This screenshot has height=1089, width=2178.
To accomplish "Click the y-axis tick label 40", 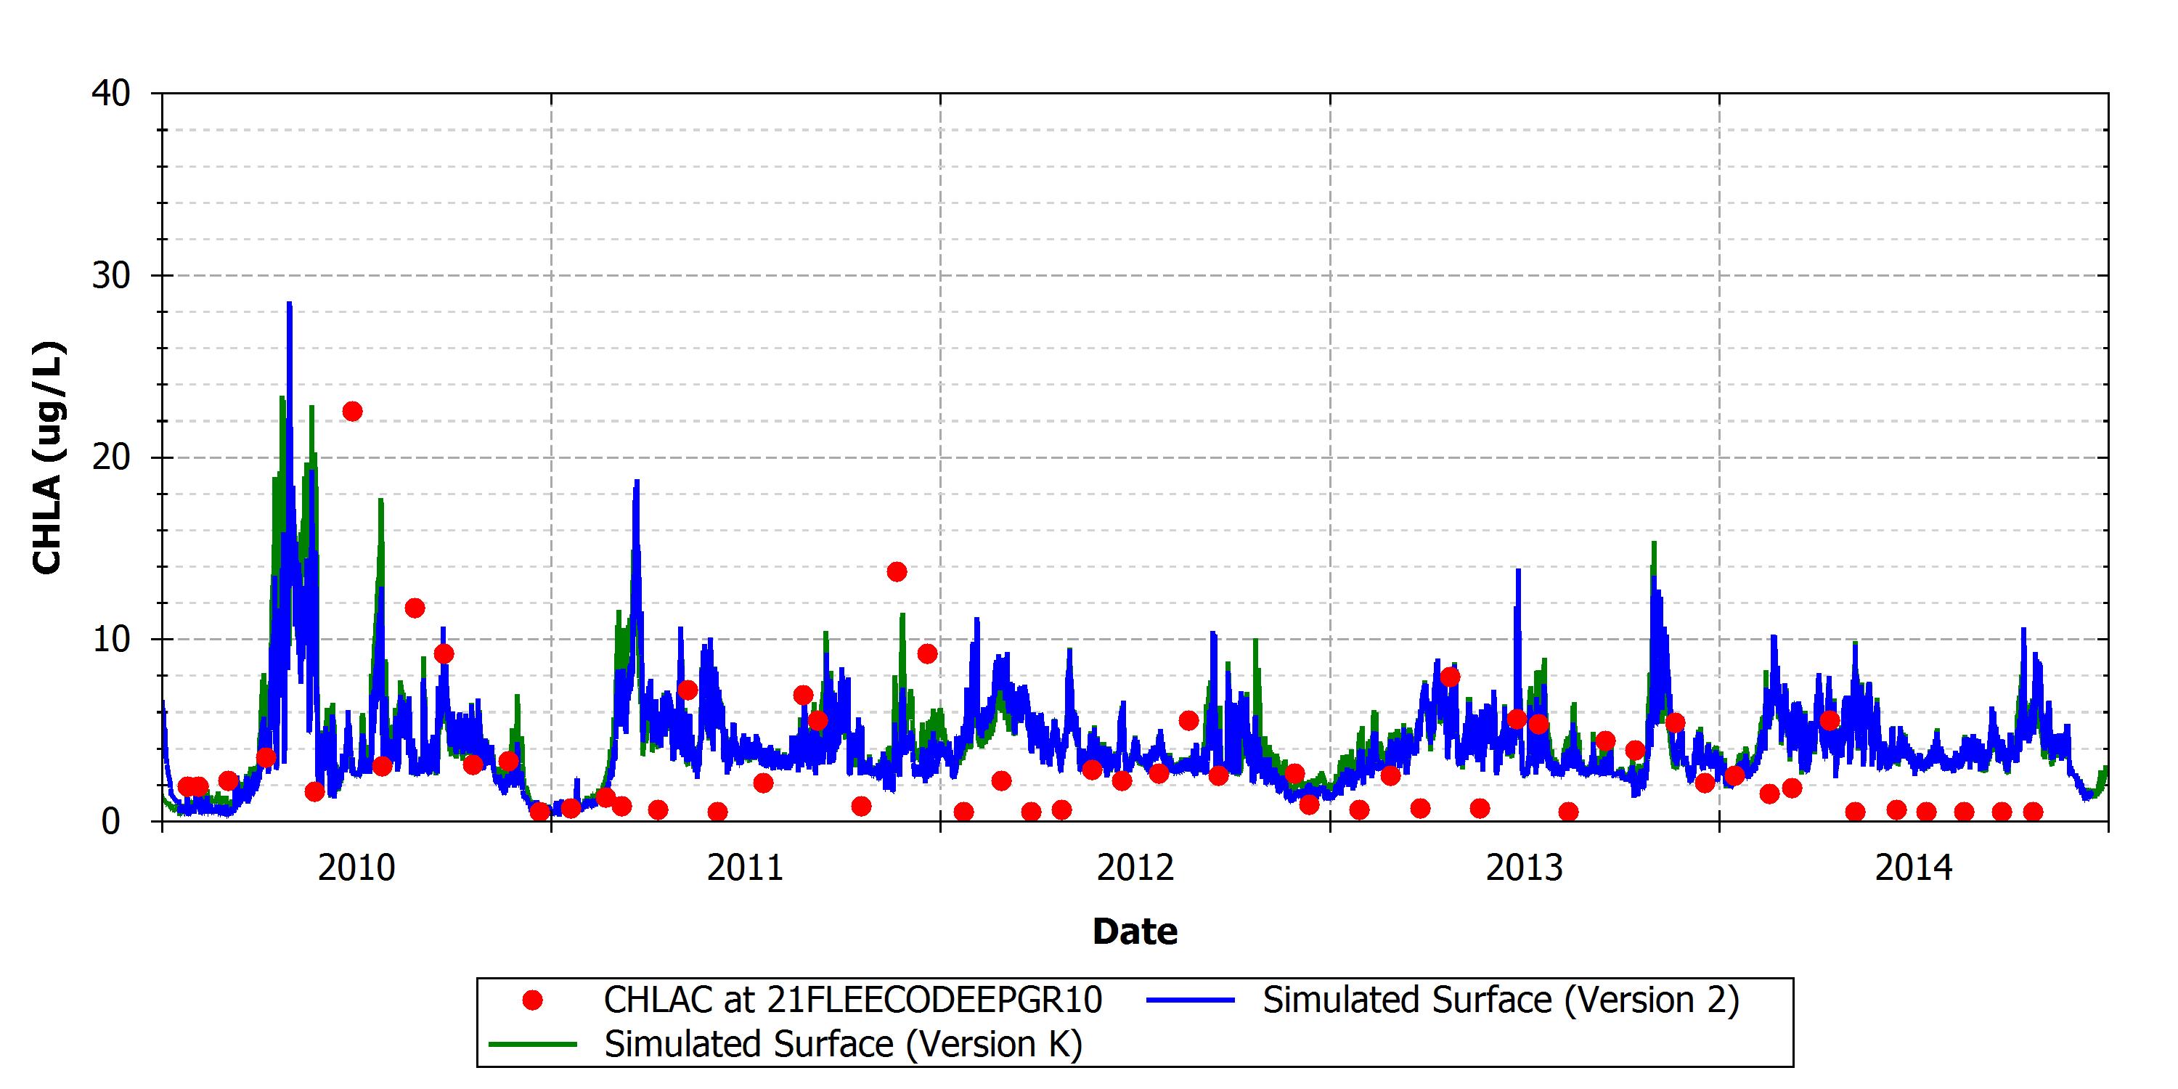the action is tap(112, 93).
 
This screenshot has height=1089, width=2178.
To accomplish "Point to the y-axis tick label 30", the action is tap(112, 276).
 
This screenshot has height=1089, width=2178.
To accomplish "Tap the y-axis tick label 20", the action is tap(112, 457).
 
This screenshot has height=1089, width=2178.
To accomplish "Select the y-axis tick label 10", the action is tap(112, 639).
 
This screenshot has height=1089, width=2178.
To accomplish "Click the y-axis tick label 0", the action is tap(111, 821).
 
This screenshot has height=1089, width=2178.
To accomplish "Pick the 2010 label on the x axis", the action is tap(356, 868).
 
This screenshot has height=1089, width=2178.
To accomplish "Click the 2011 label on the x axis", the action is tap(746, 868).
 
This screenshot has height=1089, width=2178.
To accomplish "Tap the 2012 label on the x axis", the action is tap(1135, 868).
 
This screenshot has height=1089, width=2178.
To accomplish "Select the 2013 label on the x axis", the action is tap(1525, 868).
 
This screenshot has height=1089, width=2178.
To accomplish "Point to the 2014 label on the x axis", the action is tap(1914, 868).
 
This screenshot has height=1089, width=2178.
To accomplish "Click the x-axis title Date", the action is tap(1135, 931).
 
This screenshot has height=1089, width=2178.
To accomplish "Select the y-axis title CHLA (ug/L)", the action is tap(47, 457).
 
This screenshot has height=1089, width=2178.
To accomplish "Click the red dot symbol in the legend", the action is tap(533, 1001).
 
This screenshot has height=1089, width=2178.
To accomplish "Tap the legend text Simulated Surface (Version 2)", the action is tap(1501, 1000).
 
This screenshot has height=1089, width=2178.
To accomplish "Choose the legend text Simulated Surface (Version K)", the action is tap(844, 1044).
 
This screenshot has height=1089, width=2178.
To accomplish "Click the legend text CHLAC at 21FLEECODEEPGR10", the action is tap(853, 1000).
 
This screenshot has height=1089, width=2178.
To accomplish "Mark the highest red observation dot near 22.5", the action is tap(353, 412).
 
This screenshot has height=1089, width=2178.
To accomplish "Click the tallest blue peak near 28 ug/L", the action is tap(289, 303).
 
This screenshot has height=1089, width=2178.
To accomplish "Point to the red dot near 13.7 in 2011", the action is tap(897, 572).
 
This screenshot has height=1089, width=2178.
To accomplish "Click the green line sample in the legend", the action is tap(533, 1045).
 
